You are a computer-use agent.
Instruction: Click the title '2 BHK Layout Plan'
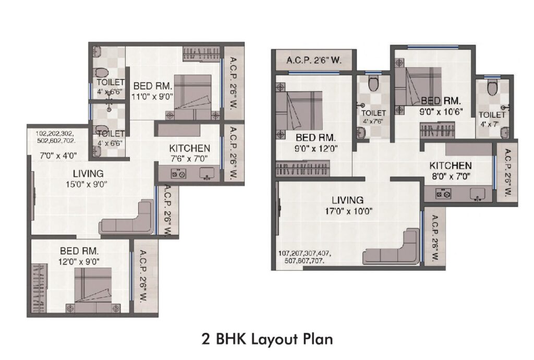[267, 340]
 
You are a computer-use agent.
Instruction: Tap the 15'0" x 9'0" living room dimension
[87, 185]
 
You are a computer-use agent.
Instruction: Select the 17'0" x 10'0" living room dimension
[348, 211]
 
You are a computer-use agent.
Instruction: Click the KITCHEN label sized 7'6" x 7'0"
[190, 148]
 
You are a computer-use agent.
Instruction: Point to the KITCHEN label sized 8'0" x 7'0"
[450, 166]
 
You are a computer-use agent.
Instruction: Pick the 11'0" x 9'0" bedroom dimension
[152, 97]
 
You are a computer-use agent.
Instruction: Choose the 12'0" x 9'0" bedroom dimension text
[79, 261]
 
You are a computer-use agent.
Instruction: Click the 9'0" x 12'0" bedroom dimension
[316, 149]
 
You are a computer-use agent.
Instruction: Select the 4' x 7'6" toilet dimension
[373, 122]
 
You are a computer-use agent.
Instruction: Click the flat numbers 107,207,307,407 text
[305, 254]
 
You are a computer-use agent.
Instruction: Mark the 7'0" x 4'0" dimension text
[58, 156]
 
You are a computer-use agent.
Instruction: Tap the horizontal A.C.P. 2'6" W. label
[313, 61]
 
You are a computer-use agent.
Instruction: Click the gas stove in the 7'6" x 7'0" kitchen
[178, 174]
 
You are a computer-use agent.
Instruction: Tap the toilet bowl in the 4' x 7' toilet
[492, 88]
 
